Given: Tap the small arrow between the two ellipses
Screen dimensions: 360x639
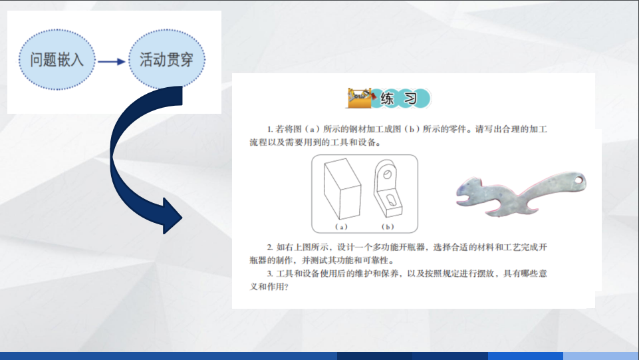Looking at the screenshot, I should (x=111, y=61).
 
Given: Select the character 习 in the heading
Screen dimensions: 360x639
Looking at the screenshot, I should (x=410, y=99).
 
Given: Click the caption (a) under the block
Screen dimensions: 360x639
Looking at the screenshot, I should (x=342, y=226).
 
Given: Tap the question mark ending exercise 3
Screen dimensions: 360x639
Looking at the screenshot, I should (x=286, y=287).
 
